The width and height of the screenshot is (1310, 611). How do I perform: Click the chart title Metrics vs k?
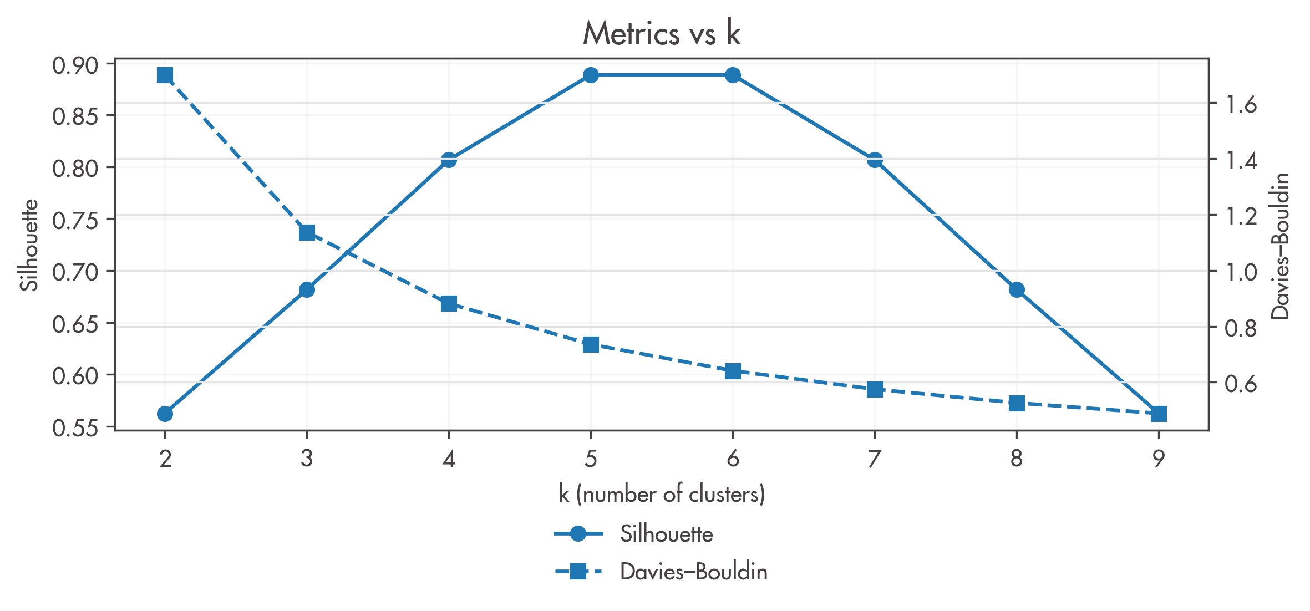click(x=662, y=33)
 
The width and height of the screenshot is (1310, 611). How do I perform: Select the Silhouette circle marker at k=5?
click(x=591, y=75)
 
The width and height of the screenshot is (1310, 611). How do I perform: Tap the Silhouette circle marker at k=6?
click(x=733, y=75)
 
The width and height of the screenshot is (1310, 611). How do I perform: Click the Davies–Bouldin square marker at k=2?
click(x=165, y=75)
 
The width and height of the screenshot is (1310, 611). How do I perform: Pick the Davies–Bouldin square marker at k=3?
click(x=307, y=232)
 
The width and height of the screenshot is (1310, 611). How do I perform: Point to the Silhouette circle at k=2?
click(x=165, y=414)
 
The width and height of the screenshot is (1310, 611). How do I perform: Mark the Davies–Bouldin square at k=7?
click(x=875, y=389)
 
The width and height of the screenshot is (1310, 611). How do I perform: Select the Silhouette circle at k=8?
click(x=1017, y=289)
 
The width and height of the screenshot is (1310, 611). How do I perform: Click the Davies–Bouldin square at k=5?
click(x=591, y=345)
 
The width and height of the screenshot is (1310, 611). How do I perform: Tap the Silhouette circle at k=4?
click(x=449, y=160)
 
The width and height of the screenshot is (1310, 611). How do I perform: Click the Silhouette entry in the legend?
click(x=666, y=534)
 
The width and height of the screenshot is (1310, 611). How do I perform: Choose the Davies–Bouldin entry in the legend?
click(x=693, y=572)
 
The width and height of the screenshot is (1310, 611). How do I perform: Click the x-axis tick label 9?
click(x=1159, y=459)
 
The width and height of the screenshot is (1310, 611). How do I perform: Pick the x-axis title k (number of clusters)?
click(x=662, y=494)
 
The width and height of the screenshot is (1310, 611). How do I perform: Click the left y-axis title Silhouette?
click(x=29, y=245)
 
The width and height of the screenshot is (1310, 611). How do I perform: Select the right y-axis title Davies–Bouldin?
click(x=1281, y=246)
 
